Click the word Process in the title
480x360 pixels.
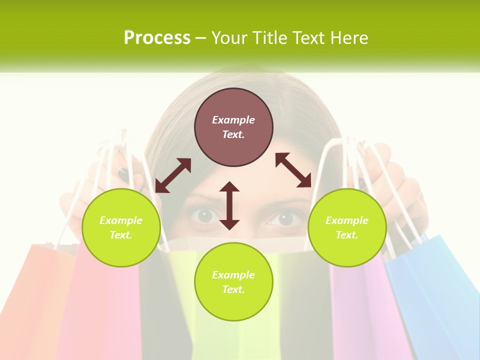(x=157, y=38)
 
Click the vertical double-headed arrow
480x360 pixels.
(x=229, y=205)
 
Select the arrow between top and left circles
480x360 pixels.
(x=173, y=175)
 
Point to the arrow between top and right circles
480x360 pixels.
(x=293, y=170)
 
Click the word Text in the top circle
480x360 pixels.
(x=233, y=134)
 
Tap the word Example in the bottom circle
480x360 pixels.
(x=233, y=275)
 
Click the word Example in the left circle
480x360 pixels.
(x=121, y=220)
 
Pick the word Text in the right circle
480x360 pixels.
(x=347, y=235)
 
